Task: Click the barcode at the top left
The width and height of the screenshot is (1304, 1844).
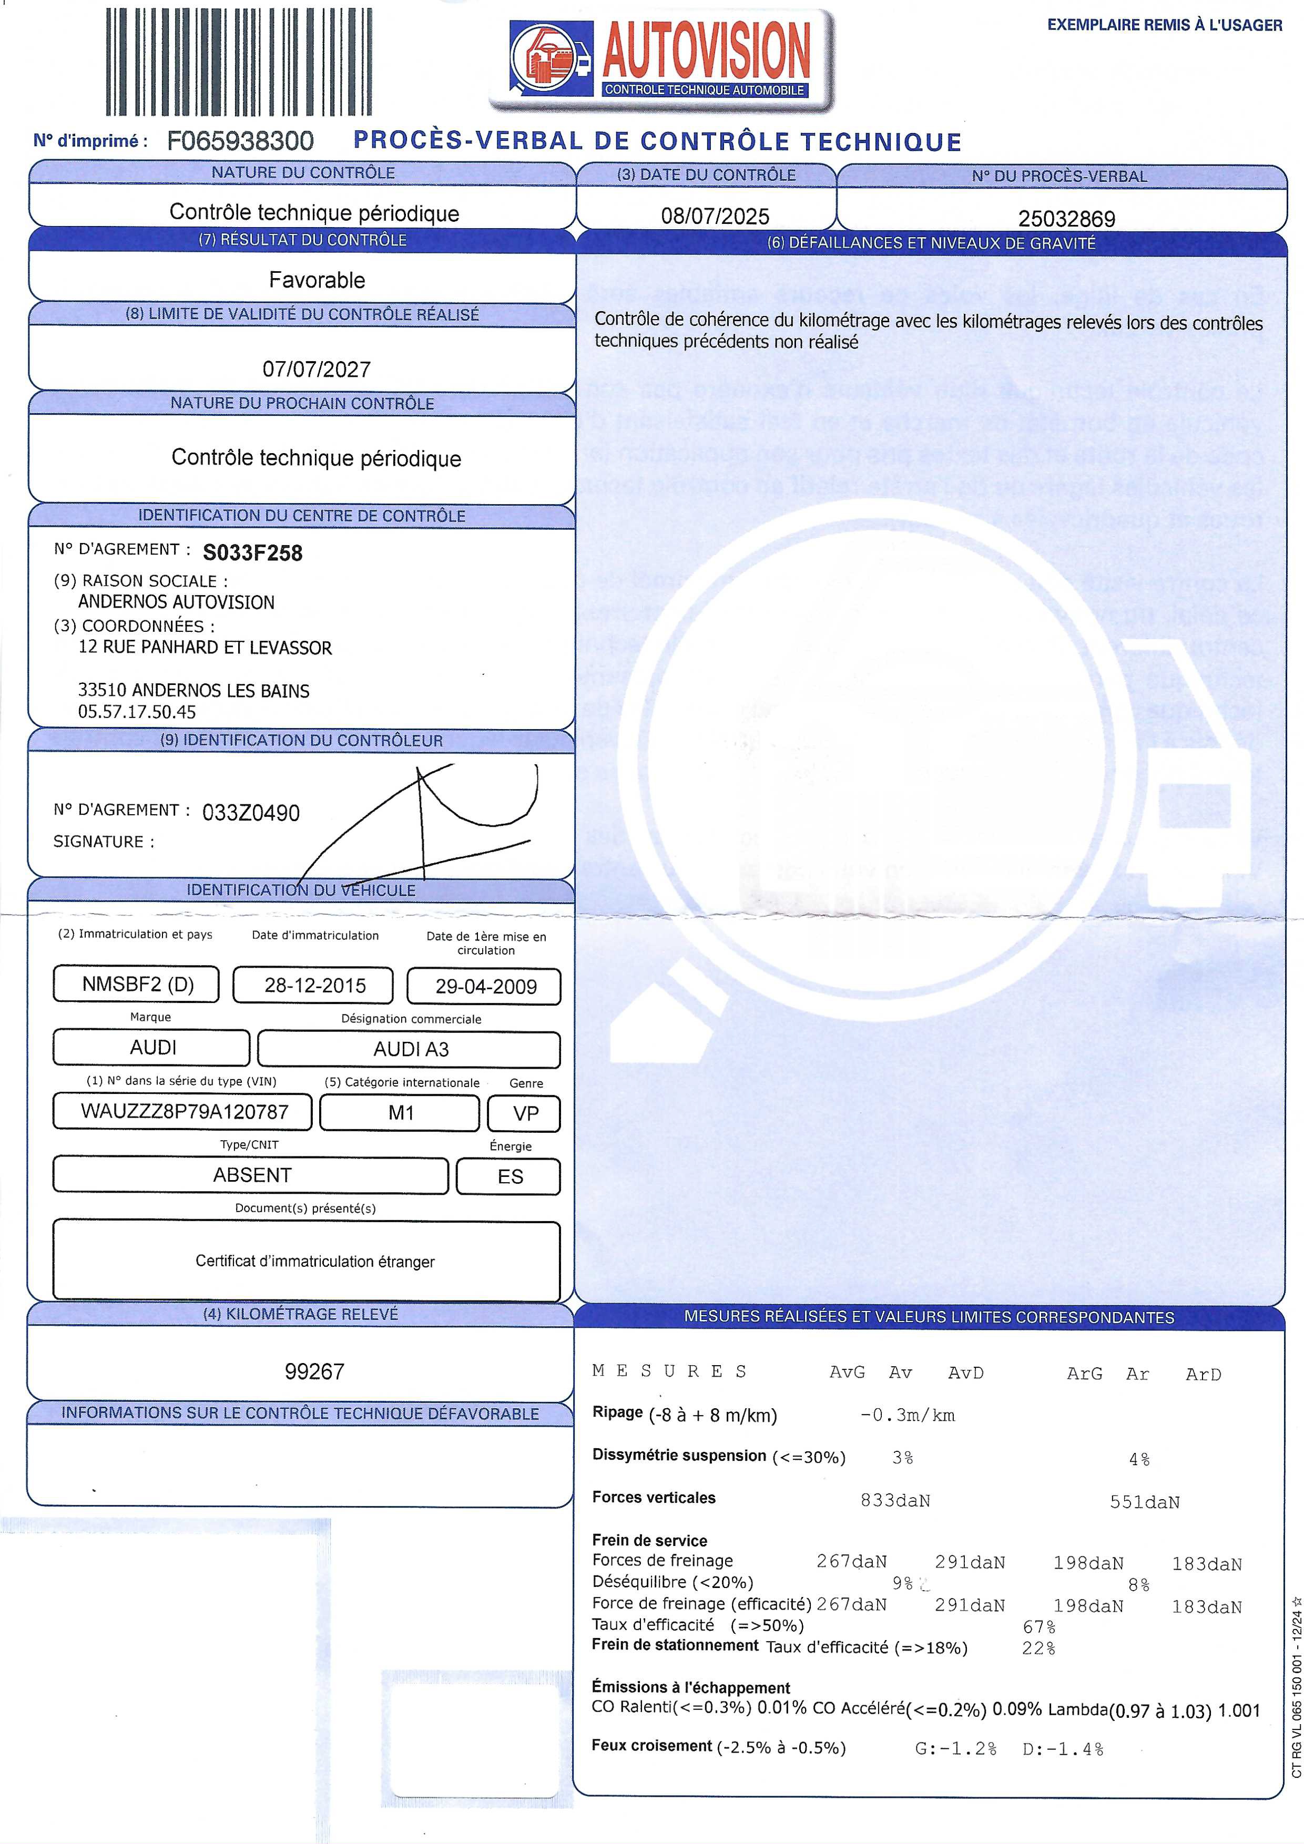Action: [x=239, y=62]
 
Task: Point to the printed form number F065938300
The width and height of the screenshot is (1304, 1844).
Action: [x=240, y=141]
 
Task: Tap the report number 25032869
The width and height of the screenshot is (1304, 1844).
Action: [x=1066, y=219]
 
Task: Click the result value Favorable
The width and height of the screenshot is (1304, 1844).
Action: [x=317, y=280]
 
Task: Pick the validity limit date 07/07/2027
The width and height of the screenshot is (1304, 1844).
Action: [x=317, y=370]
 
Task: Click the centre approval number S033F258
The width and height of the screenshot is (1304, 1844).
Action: [x=252, y=552]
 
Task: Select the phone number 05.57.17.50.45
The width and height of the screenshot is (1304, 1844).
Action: [x=137, y=712]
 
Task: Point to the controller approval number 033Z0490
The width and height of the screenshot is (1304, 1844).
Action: [x=251, y=813]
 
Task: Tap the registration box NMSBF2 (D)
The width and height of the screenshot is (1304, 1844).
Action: [x=137, y=985]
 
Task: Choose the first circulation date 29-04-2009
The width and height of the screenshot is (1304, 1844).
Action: [x=485, y=986]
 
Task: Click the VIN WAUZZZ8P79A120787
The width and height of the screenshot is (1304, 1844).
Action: [x=184, y=1112]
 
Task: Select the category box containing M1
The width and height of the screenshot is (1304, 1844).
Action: [x=400, y=1113]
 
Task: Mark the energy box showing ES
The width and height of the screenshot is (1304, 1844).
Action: [x=510, y=1176]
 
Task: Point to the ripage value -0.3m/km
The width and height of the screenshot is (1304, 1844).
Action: [x=907, y=1415]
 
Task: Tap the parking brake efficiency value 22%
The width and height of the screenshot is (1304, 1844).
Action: [x=1038, y=1648]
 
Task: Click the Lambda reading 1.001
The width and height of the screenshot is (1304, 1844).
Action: [x=1239, y=1710]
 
